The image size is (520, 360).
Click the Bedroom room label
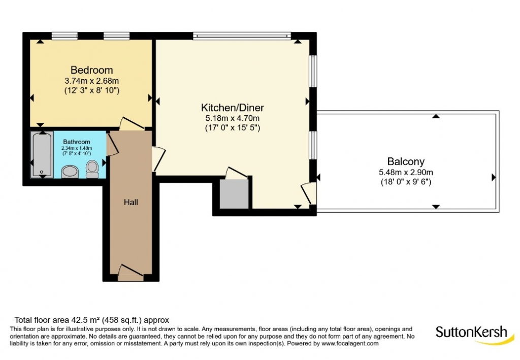[x=91, y=70]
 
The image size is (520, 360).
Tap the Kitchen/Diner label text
[x=233, y=108]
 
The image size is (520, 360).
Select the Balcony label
[x=406, y=161]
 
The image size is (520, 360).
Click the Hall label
[x=131, y=202]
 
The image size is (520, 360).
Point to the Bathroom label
[x=77, y=142]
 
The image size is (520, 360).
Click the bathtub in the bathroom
[x=42, y=154]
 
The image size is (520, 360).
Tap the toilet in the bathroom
[x=92, y=169]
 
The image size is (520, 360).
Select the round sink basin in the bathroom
[x=70, y=172]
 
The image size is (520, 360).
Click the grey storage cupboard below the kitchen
[x=234, y=194]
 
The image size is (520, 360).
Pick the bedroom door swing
[x=132, y=123]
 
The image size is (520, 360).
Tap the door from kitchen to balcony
[x=308, y=193]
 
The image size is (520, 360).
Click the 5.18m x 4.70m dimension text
[x=233, y=118]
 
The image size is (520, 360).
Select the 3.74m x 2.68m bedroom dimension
[x=91, y=81]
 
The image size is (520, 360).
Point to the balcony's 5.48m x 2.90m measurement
[x=406, y=172]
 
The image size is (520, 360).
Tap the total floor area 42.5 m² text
[x=91, y=320]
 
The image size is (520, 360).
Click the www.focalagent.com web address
[x=350, y=343]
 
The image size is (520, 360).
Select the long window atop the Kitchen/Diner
[x=242, y=36]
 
